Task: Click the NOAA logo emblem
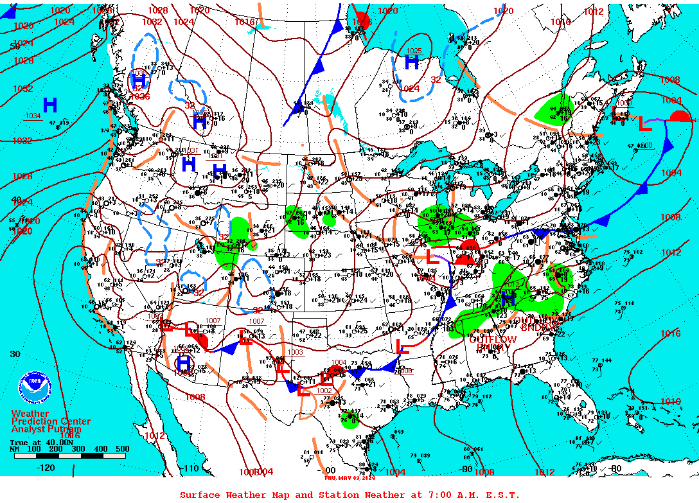[x=36, y=387]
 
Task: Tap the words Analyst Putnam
[x=46, y=429]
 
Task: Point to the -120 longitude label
[x=46, y=468]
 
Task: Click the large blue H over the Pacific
[x=50, y=104]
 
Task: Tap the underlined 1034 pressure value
[x=33, y=116]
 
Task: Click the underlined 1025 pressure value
[x=414, y=51]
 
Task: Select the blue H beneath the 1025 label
[x=411, y=62]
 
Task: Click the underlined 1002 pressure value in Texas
[x=324, y=391]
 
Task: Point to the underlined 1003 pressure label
[x=295, y=352]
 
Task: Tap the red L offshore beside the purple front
[x=644, y=123]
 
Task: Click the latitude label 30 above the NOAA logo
[x=15, y=354]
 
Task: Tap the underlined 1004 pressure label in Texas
[x=339, y=363]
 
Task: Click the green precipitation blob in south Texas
[x=350, y=421]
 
